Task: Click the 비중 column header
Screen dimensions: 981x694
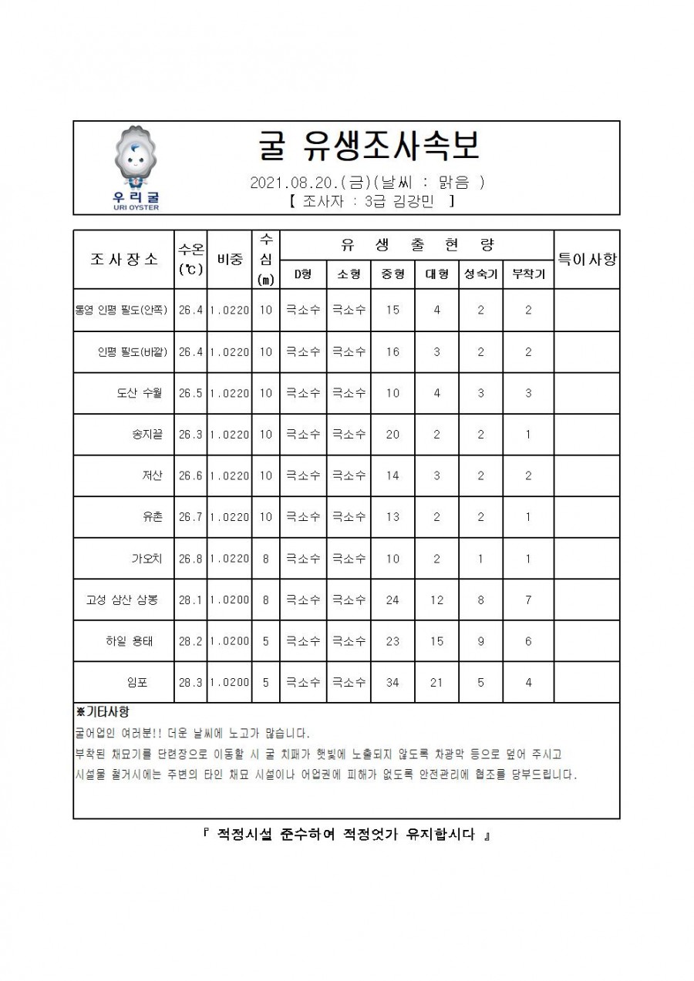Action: pyautogui.click(x=229, y=259)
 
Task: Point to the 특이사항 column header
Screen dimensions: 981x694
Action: pyautogui.click(x=586, y=259)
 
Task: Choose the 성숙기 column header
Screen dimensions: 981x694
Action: pyautogui.click(x=480, y=274)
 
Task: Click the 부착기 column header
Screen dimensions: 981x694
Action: pyautogui.click(x=528, y=274)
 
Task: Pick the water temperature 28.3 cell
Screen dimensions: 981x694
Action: pyautogui.click(x=190, y=682)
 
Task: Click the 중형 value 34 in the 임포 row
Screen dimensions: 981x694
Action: pyautogui.click(x=392, y=682)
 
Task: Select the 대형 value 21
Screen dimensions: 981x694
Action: pyautogui.click(x=436, y=682)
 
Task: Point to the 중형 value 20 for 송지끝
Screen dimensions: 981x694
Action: pyautogui.click(x=392, y=435)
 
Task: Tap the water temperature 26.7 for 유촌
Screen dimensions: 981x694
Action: pyautogui.click(x=190, y=517)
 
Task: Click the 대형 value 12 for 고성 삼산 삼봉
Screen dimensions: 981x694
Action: pyautogui.click(x=436, y=600)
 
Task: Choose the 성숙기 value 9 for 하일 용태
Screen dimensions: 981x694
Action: pyautogui.click(x=480, y=640)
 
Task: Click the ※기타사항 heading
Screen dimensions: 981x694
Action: pyautogui.click(x=103, y=711)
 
